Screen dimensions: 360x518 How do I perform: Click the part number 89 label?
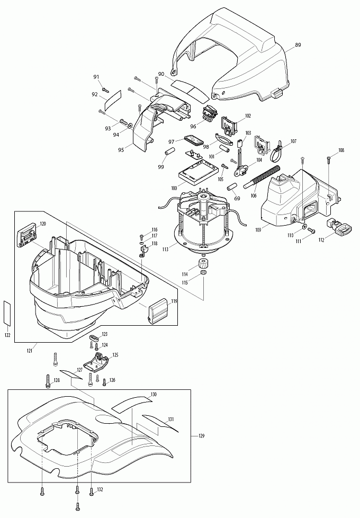point(298,45)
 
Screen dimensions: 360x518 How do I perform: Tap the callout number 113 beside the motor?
point(165,249)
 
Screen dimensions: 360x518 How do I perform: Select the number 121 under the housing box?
point(30,351)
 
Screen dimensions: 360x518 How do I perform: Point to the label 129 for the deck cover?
point(201,436)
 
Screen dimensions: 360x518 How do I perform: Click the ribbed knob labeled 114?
point(202,264)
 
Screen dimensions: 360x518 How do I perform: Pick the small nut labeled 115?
point(203,273)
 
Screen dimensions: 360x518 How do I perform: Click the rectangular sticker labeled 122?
point(7,312)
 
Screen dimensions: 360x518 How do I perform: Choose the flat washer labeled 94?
point(129,125)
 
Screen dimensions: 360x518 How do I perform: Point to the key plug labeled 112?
point(338,227)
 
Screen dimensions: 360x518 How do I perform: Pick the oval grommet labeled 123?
point(94,338)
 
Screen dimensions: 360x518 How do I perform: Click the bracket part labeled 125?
point(96,362)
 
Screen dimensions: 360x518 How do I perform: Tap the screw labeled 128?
point(48,381)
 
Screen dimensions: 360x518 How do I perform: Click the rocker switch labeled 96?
point(209,113)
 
